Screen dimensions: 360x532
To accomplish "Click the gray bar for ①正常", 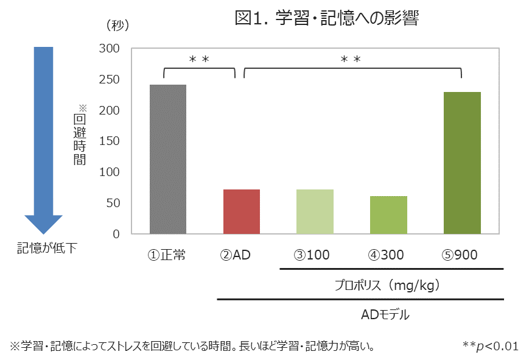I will click(x=167, y=159).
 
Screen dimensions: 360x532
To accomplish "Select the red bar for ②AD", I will click(x=242, y=211).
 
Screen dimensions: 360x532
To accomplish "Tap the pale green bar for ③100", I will click(x=315, y=211).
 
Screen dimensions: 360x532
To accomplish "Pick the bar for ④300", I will click(x=388, y=214).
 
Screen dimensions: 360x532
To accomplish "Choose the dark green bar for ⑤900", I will click(x=462, y=163).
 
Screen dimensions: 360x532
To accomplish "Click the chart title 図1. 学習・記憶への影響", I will click(x=326, y=19).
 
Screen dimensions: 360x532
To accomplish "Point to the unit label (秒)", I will click(x=117, y=26).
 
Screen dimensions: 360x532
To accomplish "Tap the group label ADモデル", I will click(x=385, y=315).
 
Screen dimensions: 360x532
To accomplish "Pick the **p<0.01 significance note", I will click(x=490, y=346).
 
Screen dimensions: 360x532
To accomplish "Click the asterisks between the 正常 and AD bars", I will click(x=199, y=59).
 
